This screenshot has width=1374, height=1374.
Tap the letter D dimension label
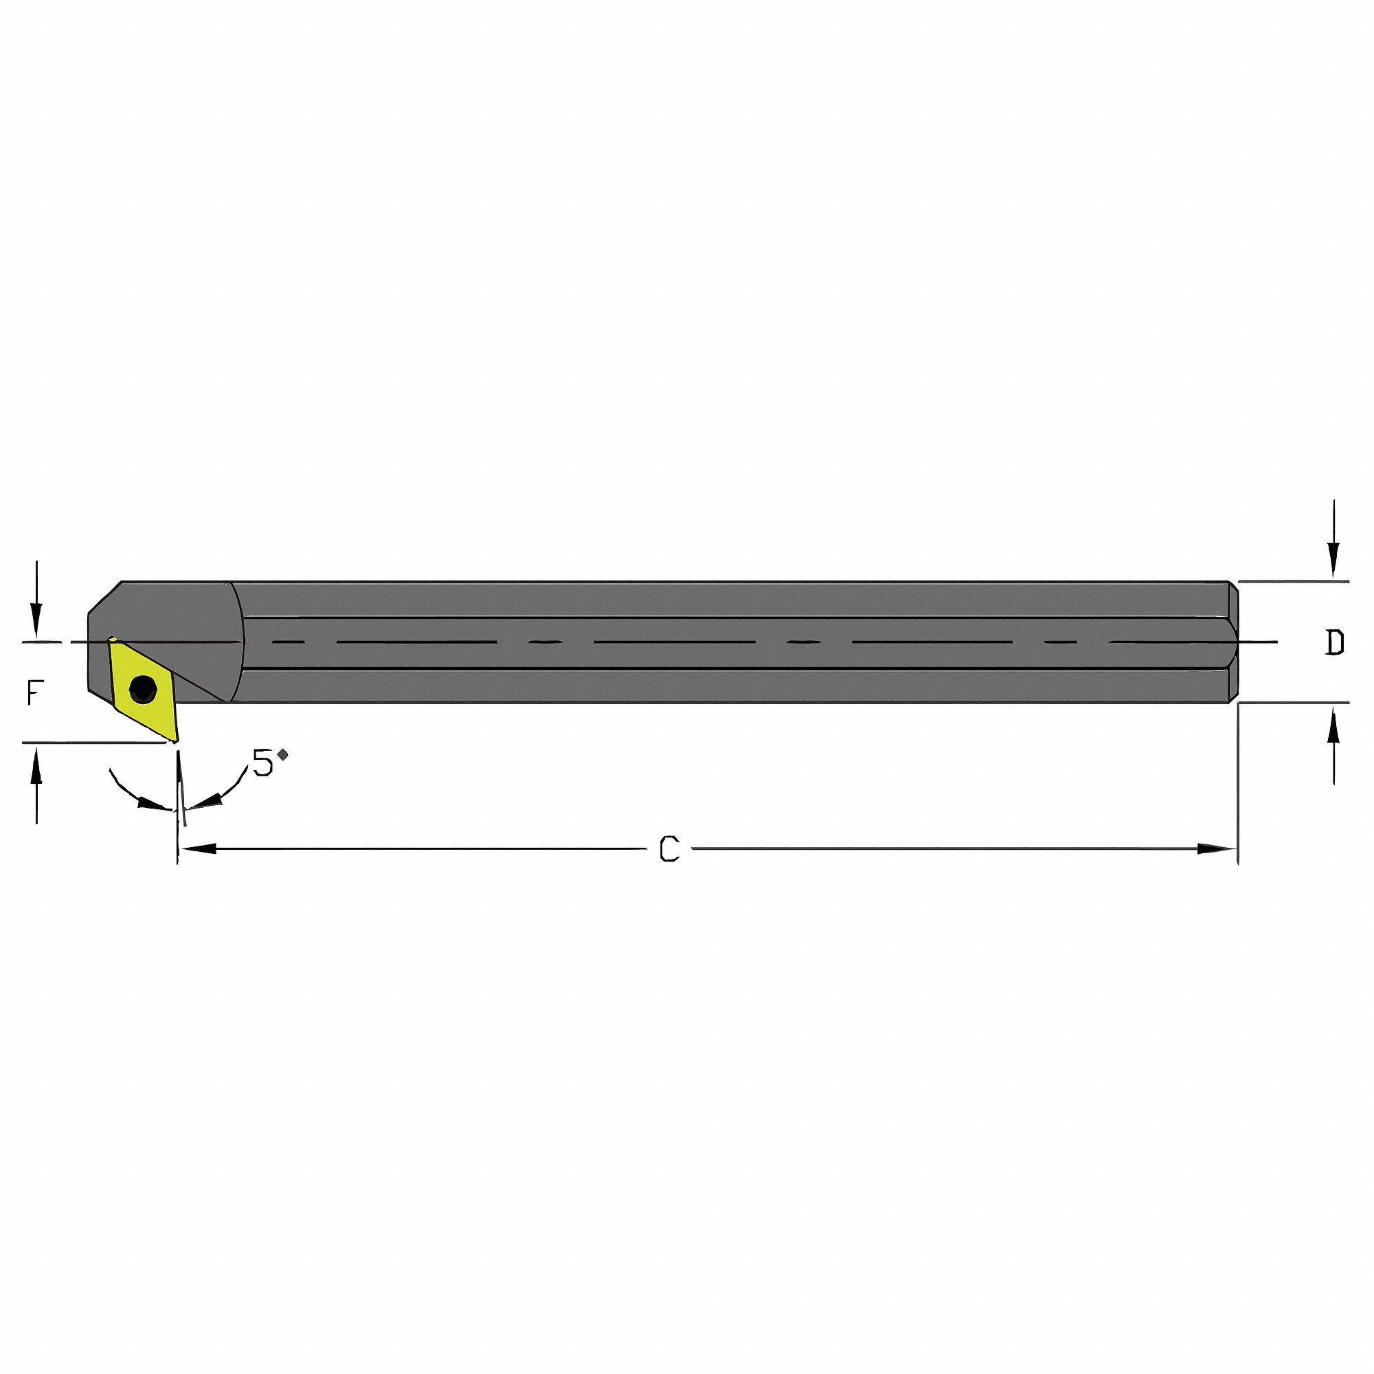pyautogui.click(x=1335, y=643)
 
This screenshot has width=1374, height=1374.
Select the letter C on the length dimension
pyautogui.click(x=669, y=848)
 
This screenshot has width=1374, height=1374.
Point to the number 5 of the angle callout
pyautogui.click(x=263, y=763)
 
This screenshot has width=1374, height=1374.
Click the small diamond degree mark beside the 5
pyautogui.click(x=283, y=754)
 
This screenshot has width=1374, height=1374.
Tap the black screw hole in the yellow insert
pyautogui.click(x=143, y=688)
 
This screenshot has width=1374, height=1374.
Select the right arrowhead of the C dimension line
pyautogui.click(x=1217, y=848)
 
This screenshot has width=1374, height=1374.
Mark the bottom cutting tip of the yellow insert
pyautogui.click(x=174, y=741)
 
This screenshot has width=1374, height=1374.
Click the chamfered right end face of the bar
pyautogui.click(x=1233, y=642)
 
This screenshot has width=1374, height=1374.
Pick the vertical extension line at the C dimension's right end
pyautogui.click(x=1238, y=782)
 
